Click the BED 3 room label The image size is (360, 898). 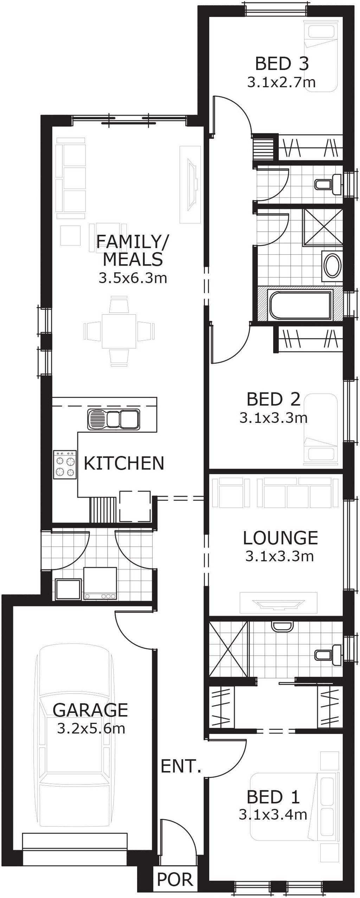point(282,64)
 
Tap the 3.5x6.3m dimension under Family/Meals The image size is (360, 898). point(133,278)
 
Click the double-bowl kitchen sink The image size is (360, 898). point(113,419)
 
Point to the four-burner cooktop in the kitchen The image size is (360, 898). point(65,464)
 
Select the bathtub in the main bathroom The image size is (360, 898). point(301,305)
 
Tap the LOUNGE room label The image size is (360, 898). point(280,538)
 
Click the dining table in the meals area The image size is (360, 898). point(119,331)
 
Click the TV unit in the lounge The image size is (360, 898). point(278,603)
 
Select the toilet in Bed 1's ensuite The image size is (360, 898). point(328,654)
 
